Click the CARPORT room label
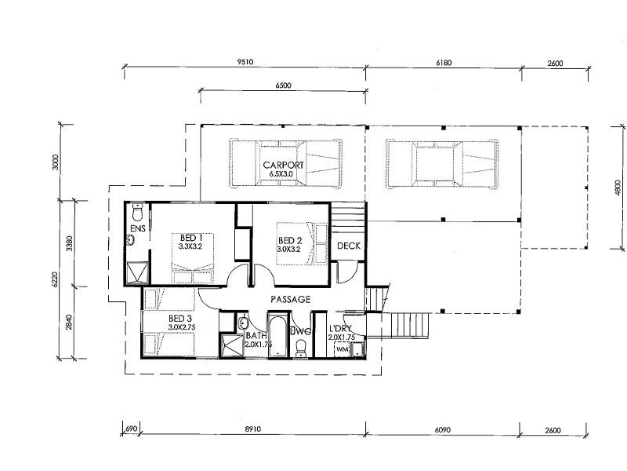[x=283, y=165]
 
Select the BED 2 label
[x=290, y=241]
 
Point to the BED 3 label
[x=180, y=319]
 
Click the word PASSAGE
[x=290, y=300]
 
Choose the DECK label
[x=349, y=246]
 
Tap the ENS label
[x=138, y=228]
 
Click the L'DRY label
[x=340, y=329]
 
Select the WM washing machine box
[x=342, y=349]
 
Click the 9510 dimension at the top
[x=245, y=62]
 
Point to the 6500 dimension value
[x=283, y=86]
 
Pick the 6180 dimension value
[x=444, y=63]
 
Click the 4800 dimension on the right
[x=618, y=188]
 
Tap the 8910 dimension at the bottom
[x=252, y=429]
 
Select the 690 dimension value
[x=132, y=429]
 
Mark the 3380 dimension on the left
[x=69, y=243]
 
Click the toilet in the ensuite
[x=138, y=213]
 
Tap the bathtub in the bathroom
[x=277, y=337]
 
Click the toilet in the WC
[x=300, y=349]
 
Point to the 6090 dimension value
[x=442, y=429]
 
